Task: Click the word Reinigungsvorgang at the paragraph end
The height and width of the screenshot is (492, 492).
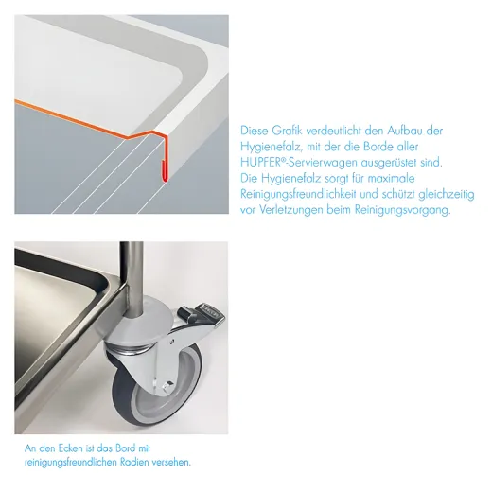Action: tap(402, 210)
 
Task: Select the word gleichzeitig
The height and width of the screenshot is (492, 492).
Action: tap(447, 195)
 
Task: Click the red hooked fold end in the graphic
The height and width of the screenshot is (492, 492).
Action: tap(165, 172)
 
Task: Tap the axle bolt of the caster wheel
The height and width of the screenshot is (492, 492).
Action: tap(167, 385)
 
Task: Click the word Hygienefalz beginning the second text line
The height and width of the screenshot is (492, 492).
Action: tap(270, 147)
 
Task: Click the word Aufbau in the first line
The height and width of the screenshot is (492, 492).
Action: tap(405, 131)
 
